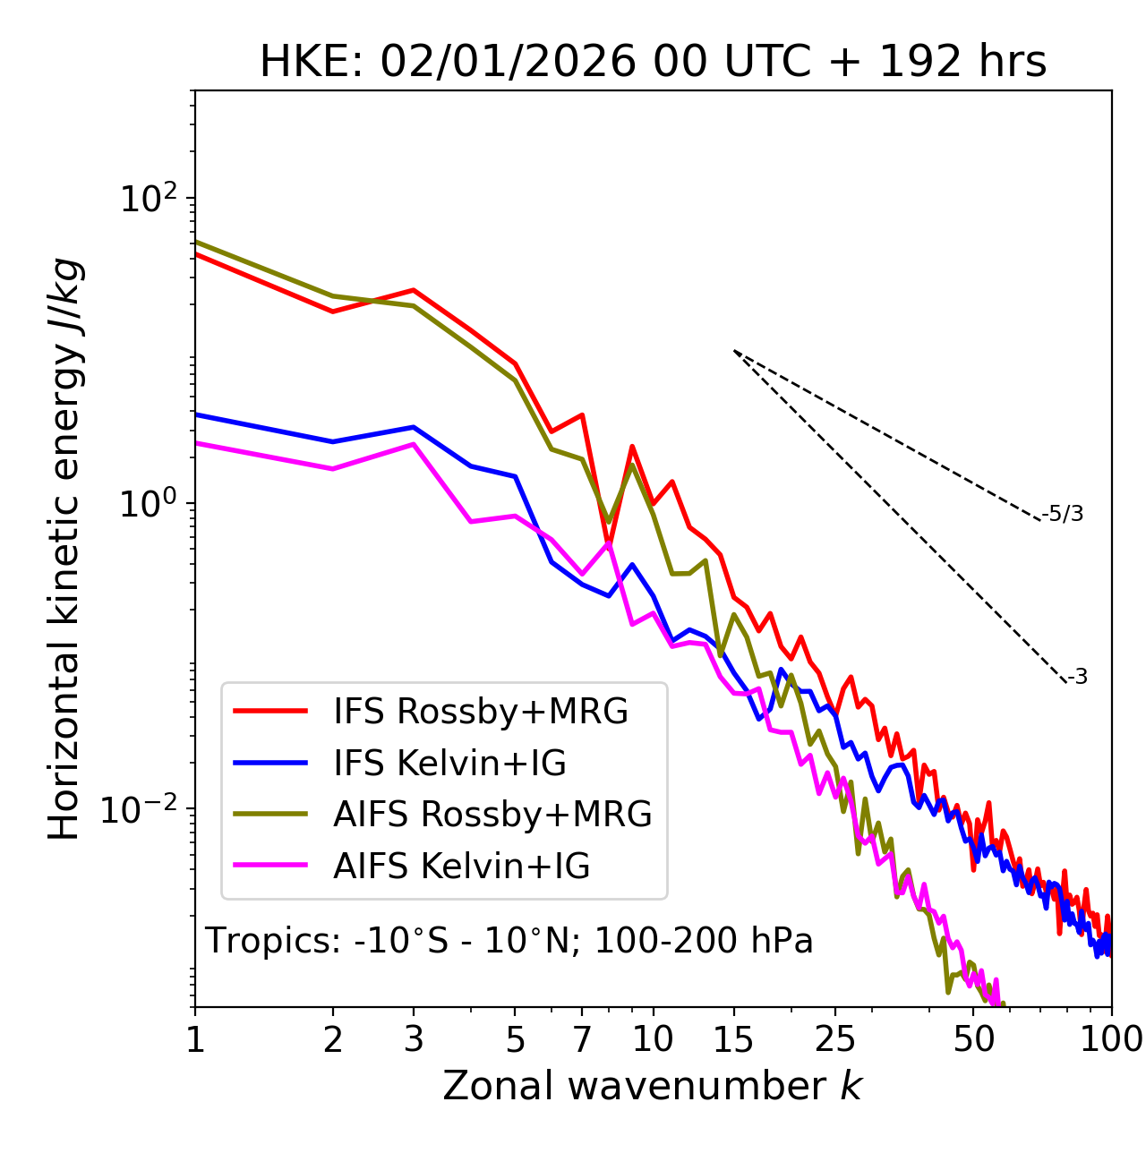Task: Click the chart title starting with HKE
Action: pos(653,63)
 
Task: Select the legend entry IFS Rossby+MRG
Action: pos(480,712)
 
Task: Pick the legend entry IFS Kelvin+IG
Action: pos(449,764)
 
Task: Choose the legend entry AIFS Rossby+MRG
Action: pos(492,815)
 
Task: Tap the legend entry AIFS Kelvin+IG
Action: pos(461,867)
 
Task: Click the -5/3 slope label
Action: pos(1063,514)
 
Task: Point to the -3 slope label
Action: pos(1077,678)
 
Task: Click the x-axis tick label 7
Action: pos(582,1039)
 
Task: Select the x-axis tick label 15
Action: pos(733,1039)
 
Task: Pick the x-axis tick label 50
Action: pos(973,1039)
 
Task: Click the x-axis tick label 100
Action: pos(1111,1039)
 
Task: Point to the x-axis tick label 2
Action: pos(333,1039)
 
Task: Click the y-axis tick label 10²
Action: pos(148,199)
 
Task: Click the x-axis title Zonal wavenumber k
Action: pos(653,1087)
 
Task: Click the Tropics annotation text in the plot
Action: pos(509,941)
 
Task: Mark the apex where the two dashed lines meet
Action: pos(734,351)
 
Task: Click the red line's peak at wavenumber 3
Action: pos(414,290)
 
